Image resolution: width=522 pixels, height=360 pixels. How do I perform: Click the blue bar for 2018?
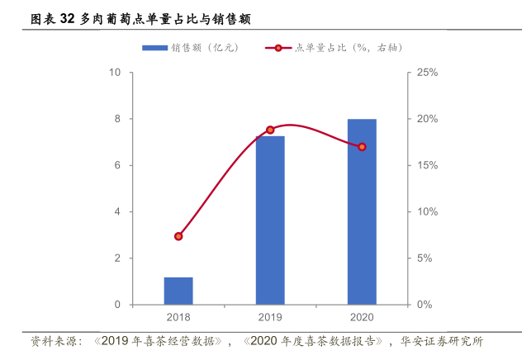[178, 291]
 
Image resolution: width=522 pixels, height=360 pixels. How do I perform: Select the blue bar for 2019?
[270, 220]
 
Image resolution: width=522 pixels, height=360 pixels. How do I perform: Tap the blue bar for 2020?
[362, 212]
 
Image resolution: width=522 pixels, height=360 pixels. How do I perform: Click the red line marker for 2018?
[178, 236]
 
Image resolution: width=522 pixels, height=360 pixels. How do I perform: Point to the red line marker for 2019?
[270, 130]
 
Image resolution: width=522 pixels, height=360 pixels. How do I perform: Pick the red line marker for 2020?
[362, 147]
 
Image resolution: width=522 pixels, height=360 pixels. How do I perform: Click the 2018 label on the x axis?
[178, 318]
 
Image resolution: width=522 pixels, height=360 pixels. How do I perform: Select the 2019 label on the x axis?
[270, 318]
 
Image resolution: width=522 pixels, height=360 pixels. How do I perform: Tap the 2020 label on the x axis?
[362, 318]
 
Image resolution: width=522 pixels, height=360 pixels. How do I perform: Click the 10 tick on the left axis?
[116, 73]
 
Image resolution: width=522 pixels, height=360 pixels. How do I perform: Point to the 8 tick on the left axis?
[118, 119]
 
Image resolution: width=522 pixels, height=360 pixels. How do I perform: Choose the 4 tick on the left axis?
[118, 212]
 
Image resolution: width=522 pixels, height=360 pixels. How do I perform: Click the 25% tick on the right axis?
[427, 73]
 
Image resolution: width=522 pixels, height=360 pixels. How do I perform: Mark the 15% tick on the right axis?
[427, 166]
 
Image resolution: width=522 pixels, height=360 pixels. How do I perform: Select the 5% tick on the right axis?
[425, 258]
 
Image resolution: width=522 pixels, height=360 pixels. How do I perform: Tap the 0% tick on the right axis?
[425, 305]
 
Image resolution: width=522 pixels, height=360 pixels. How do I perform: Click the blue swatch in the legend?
[154, 48]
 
